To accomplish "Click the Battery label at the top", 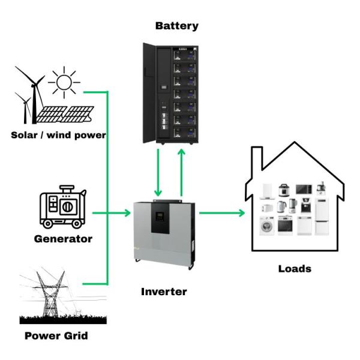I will coord(176,26).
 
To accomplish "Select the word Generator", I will coord(62,239).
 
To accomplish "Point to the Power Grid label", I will coord(56,335).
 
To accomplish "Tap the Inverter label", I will coord(164,292).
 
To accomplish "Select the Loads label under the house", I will coord(295,268).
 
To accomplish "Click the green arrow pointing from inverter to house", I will coord(222,212).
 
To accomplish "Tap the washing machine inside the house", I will coord(266,226).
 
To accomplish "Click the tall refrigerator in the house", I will coord(323,215).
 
